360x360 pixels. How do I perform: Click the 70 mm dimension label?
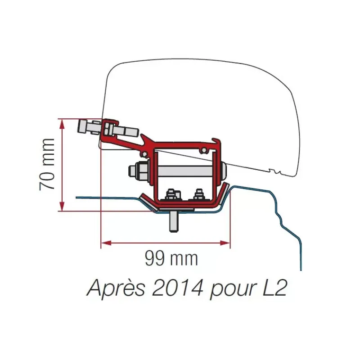point(47,164)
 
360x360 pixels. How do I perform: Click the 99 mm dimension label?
point(171,258)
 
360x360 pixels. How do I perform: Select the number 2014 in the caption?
point(178,287)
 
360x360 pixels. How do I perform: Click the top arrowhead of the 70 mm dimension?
point(62,124)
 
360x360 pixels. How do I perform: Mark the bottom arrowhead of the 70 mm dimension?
point(62,206)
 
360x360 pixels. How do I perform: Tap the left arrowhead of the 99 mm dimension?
point(106,243)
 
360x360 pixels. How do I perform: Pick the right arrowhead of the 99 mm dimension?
point(225,243)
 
